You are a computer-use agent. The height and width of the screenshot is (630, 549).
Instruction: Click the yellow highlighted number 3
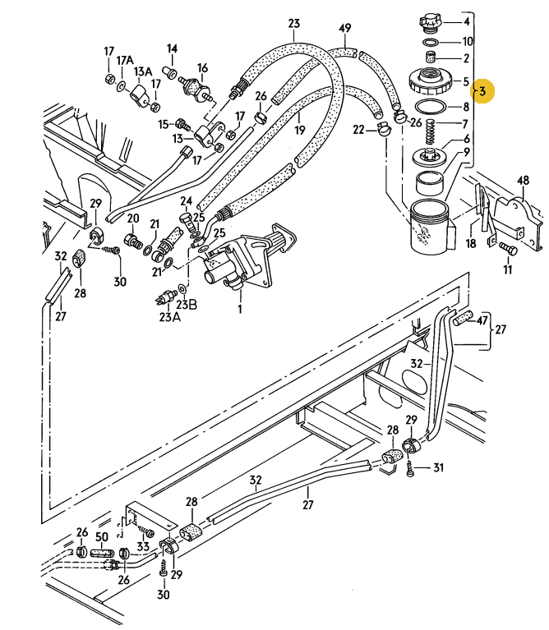[482, 91]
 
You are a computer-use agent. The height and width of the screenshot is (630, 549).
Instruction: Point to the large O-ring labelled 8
[430, 107]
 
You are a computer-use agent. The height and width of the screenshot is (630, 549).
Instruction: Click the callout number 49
[345, 28]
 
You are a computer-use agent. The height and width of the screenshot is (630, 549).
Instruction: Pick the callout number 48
[523, 181]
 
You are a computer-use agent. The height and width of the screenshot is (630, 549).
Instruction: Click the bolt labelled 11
[508, 249]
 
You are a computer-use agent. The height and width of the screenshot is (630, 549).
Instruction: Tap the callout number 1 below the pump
[240, 309]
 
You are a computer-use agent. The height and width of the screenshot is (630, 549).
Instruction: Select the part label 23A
[169, 317]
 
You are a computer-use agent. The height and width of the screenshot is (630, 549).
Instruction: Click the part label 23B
[187, 304]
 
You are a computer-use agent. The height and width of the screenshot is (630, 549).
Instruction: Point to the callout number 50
[102, 537]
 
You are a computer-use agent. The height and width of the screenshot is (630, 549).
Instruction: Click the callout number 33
[143, 546]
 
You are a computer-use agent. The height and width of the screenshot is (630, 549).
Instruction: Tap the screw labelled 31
[410, 468]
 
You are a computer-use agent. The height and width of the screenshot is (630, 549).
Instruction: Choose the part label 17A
[125, 60]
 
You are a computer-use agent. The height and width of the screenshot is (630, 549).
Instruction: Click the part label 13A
[143, 71]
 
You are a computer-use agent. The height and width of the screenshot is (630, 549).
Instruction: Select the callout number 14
[172, 48]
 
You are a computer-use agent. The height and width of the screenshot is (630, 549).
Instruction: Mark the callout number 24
[186, 201]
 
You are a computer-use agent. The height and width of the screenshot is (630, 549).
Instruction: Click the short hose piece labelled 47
[464, 317]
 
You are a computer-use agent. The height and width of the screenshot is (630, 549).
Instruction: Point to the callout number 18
[471, 243]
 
